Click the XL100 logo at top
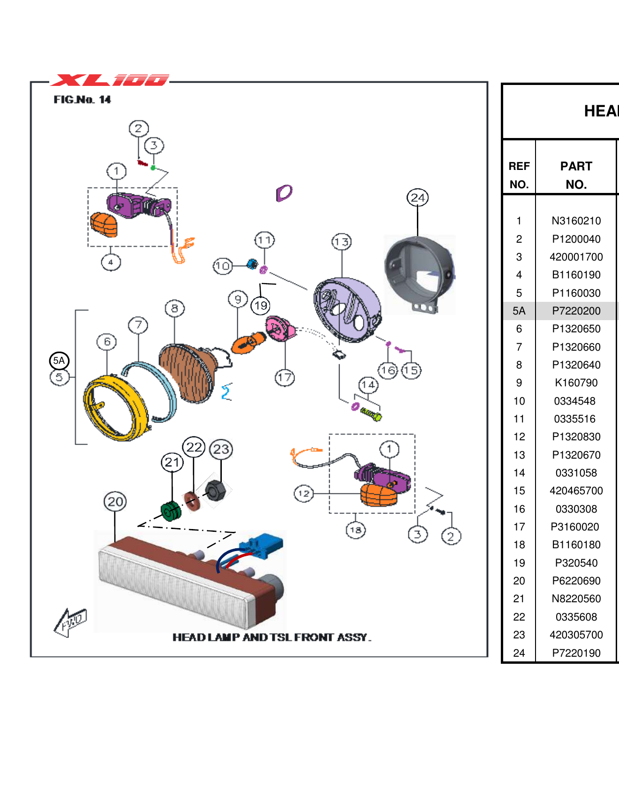coord(110,80)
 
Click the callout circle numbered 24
coord(417,198)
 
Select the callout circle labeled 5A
coord(59,361)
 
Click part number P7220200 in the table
coord(576,311)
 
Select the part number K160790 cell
coord(576,383)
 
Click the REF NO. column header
coord(519,175)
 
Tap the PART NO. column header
coord(576,175)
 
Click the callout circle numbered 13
coord(341,242)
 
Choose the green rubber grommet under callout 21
coord(171,511)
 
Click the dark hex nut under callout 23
coord(216,491)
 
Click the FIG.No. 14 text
coord(82,100)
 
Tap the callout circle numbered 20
coord(115,501)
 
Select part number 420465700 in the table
coord(576,491)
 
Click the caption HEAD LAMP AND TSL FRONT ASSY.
coord(272,637)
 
